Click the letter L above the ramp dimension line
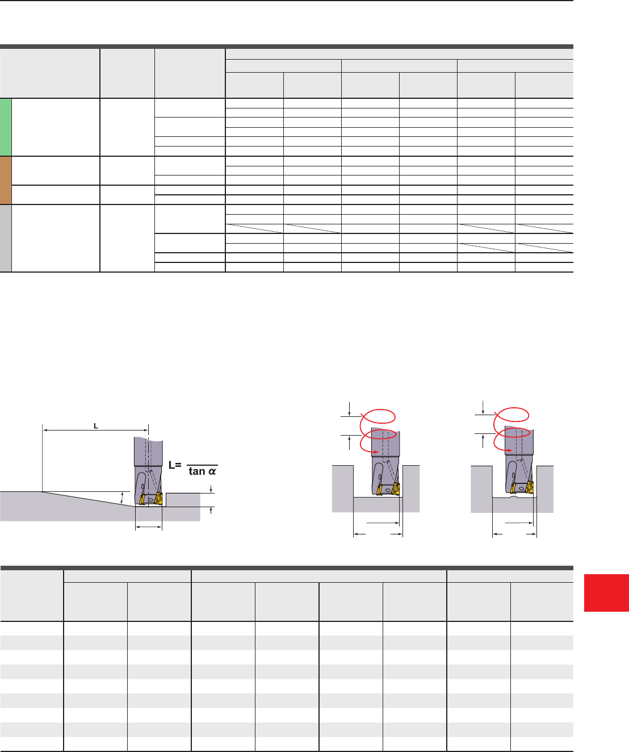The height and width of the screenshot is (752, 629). click(x=96, y=426)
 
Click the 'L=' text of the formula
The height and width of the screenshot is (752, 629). click(x=175, y=465)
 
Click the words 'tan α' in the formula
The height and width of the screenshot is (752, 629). click(x=202, y=471)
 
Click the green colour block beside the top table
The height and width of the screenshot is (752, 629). click(x=6, y=127)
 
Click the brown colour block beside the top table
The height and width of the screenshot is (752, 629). click(x=6, y=180)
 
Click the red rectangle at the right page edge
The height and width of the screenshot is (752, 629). click(x=606, y=593)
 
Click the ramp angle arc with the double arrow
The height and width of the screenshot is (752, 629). click(x=121, y=498)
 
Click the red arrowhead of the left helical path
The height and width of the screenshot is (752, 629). click(x=376, y=452)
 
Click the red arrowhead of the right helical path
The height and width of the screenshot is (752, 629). click(x=510, y=450)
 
